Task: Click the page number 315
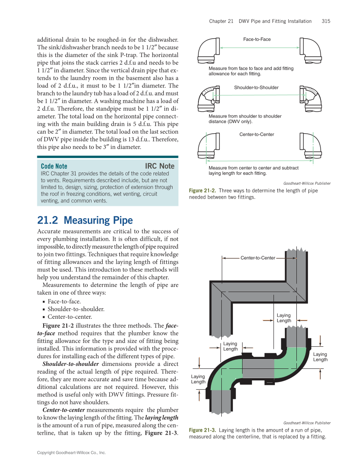click(326, 21)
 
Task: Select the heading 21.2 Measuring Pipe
click(85, 220)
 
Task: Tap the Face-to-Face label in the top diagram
click(257, 39)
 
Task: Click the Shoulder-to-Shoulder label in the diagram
click(256, 87)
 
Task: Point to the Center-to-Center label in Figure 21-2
click(257, 135)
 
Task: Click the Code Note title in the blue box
click(54, 166)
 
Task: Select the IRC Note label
click(159, 166)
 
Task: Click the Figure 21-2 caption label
click(202, 191)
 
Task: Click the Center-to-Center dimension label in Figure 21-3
click(258, 258)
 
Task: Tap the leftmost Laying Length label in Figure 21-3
click(198, 379)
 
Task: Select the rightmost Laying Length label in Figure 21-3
click(320, 357)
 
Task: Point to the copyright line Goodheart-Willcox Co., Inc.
click(71, 453)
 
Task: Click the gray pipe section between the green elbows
click(258, 368)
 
